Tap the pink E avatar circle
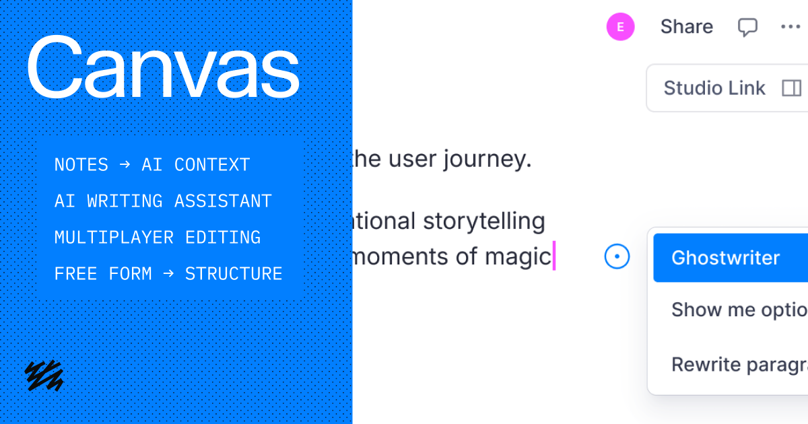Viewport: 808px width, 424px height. tap(620, 27)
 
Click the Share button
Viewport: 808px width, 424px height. tap(686, 27)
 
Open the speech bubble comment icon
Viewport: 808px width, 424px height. tap(747, 27)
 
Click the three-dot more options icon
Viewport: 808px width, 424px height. tap(790, 27)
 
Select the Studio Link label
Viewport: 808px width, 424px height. tap(714, 88)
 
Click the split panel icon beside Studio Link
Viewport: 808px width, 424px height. tap(791, 88)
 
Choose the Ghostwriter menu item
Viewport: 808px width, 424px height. tap(726, 258)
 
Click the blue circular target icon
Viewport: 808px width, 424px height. tap(617, 256)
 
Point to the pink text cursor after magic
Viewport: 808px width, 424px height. tap(553, 256)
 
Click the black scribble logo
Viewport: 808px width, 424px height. tap(44, 376)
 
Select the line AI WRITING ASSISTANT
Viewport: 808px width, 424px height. tap(163, 201)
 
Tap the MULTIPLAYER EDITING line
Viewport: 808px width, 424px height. tap(158, 238)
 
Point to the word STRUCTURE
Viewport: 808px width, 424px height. tap(234, 274)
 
